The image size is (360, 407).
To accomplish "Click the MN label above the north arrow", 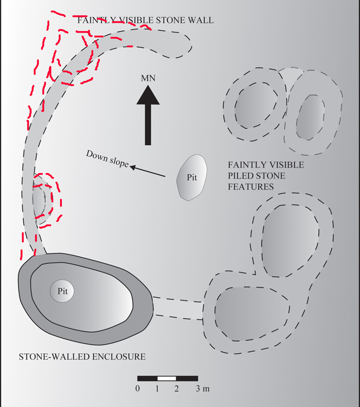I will tap(148, 79).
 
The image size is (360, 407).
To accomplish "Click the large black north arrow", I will tap(147, 116).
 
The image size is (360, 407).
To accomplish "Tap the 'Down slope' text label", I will tap(107, 158).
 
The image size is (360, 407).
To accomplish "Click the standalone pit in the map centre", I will tap(191, 177).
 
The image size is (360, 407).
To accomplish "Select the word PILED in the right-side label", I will tap(241, 176).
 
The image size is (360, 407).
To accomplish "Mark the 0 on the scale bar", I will tap(138, 388).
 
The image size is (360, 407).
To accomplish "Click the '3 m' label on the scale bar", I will tap(203, 388).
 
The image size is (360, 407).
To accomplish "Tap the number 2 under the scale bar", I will tap(176, 388).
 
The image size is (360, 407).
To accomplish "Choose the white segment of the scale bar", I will tap(166, 378).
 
